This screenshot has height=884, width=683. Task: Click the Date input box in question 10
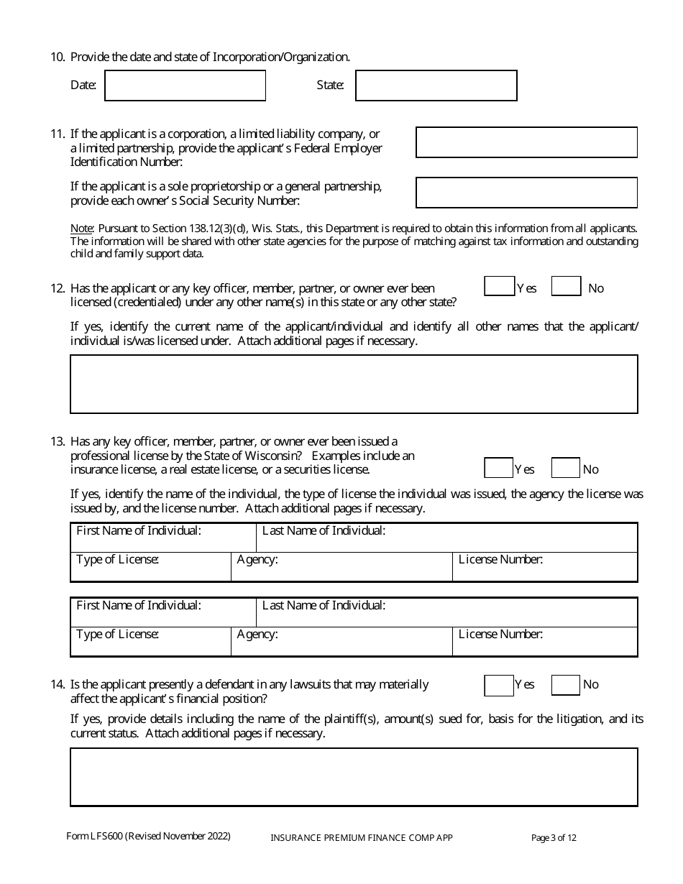(185, 86)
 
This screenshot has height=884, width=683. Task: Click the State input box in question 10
(436, 86)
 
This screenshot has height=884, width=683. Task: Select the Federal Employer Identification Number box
(526, 142)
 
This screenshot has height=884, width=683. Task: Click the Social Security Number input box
(526, 193)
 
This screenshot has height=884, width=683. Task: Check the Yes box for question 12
(499, 287)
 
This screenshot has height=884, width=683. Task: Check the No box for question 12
(566, 287)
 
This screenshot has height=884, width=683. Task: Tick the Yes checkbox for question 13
(499, 469)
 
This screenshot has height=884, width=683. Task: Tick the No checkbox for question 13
(565, 469)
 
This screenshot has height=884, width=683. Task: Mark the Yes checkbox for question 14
(499, 685)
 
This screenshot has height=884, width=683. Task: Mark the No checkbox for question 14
(565, 685)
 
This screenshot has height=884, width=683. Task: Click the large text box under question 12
(354, 384)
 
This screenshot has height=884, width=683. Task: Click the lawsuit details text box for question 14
(354, 777)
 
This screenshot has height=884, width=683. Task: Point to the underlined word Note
(81, 229)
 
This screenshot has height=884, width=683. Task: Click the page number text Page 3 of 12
(554, 837)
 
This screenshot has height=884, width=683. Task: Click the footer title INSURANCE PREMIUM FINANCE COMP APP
(361, 837)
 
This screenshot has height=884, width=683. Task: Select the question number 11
(58, 134)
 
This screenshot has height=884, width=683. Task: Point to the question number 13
(58, 441)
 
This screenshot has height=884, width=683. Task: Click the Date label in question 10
(83, 86)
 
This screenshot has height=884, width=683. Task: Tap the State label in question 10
(330, 86)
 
